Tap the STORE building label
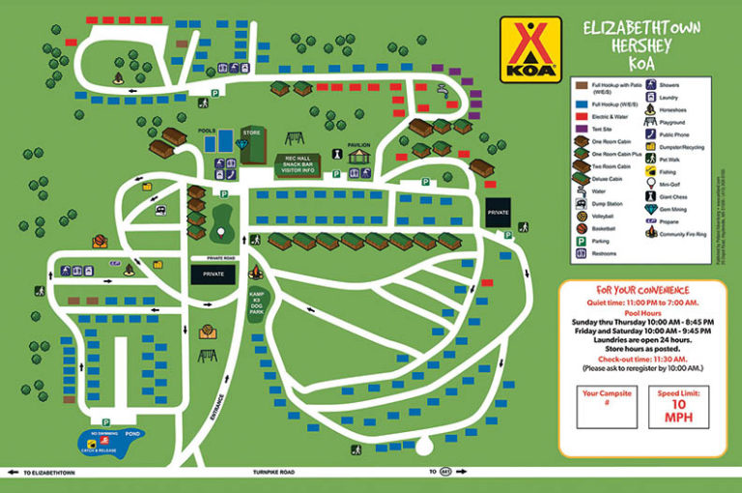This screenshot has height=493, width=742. [251, 132]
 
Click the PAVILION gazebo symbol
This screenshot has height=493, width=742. [358, 156]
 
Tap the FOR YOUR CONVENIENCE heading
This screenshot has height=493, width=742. [642, 290]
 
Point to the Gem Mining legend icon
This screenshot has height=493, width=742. [651, 207]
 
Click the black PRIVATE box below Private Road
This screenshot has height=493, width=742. [213, 275]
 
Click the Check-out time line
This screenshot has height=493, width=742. [642, 357]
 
